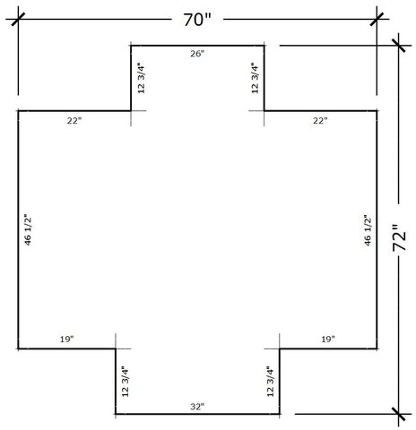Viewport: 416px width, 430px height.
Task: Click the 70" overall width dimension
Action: (197, 20)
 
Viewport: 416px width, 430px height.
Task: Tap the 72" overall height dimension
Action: (399, 237)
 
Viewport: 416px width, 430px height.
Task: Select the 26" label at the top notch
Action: (197, 54)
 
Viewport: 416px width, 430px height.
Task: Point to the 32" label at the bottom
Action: (197, 407)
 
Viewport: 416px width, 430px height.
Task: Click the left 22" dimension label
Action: (74, 121)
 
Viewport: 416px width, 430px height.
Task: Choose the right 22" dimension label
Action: (320, 121)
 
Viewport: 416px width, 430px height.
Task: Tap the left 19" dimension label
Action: (66, 340)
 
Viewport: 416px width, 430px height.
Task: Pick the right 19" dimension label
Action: (328, 340)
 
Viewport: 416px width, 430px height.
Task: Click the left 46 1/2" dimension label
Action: (28, 230)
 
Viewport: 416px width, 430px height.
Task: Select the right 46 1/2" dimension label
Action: (368, 230)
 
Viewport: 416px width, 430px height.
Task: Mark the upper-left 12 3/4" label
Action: (141, 78)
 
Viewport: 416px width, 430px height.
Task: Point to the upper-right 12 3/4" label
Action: (255, 78)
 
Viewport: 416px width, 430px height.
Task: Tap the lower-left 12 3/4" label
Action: (126, 382)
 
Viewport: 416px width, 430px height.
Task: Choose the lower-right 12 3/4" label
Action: (271, 382)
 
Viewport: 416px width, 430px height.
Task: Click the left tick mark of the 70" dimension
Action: (18, 19)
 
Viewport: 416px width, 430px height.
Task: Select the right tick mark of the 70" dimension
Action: (377, 19)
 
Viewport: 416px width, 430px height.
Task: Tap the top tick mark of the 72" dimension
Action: (399, 46)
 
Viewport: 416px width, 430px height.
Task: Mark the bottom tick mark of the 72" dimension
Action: (399, 414)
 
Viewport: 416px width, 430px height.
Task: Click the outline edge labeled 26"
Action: (197, 46)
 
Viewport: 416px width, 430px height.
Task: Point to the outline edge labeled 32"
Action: (197, 414)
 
